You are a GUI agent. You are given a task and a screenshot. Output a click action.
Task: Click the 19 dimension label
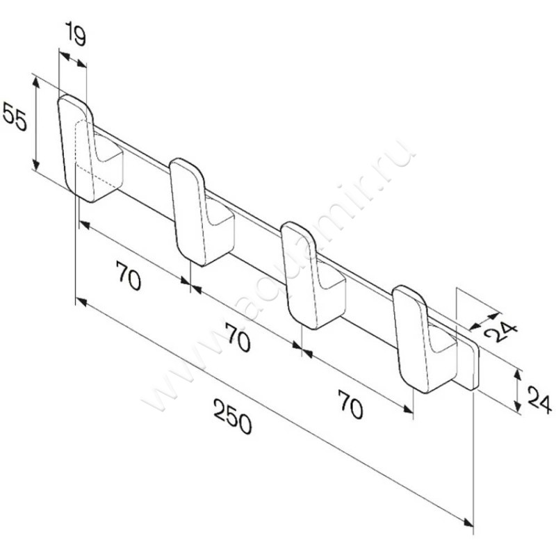coord(76,33)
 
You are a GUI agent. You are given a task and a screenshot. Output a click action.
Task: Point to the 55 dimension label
coord(15,115)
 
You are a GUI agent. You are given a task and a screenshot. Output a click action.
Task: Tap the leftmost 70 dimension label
coord(129,275)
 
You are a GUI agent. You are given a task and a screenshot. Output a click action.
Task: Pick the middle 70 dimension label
coord(238,338)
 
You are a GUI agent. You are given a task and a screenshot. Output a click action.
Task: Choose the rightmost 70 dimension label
coord(350,404)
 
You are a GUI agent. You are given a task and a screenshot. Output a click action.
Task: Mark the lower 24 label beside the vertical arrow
coord(540,400)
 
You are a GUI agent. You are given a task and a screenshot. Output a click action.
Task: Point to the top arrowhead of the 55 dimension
coord(36,81)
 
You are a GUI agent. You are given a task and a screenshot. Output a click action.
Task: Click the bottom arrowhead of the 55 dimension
coord(36,165)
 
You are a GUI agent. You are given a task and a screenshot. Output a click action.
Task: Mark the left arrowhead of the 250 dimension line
coord(81,302)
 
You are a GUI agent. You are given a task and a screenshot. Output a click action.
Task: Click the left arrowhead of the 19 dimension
coord(64,56)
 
